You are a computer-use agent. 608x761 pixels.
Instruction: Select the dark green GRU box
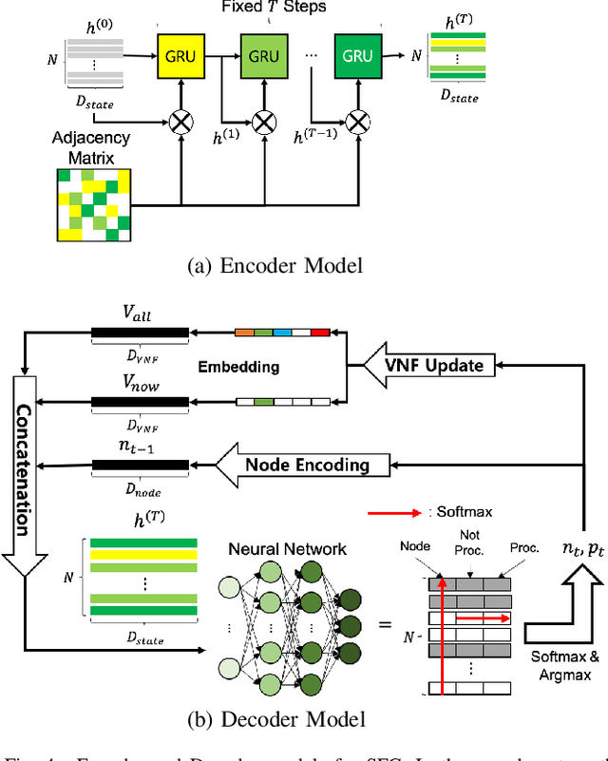coord(357,56)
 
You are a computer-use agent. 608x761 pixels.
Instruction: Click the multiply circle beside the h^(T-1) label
coord(357,120)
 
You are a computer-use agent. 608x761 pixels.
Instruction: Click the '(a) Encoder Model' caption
coord(277,266)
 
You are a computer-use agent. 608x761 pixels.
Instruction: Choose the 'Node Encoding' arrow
coord(301,465)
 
